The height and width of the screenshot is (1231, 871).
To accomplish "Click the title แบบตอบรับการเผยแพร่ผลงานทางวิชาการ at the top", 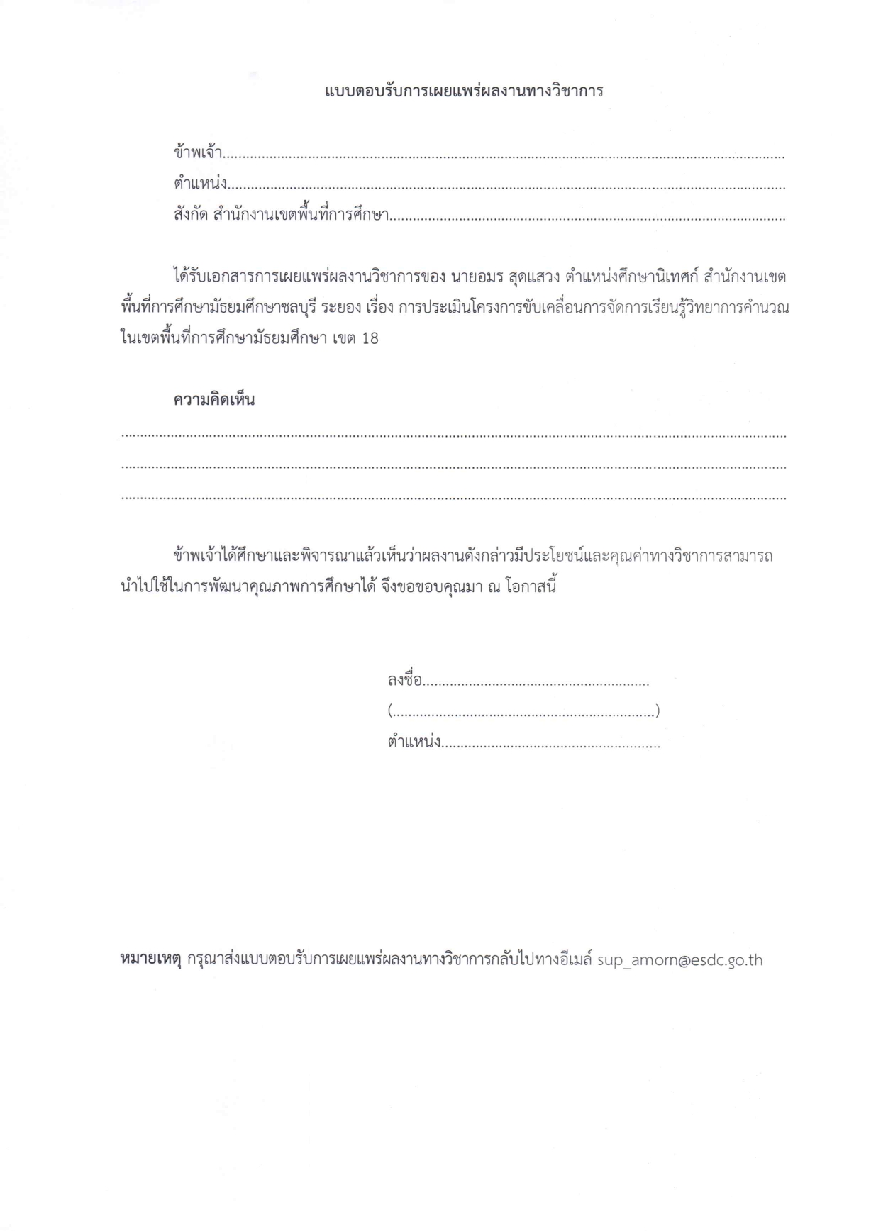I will (464, 91).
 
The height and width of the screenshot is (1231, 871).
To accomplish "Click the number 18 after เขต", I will (370, 338).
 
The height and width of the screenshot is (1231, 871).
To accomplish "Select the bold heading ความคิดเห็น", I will (213, 400).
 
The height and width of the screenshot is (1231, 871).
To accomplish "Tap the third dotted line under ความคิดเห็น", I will (454, 498).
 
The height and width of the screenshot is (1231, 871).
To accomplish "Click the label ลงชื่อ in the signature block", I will (405, 681).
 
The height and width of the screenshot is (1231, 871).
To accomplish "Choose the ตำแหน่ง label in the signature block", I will (414, 742).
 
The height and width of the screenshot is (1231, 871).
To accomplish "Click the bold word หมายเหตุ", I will (151, 961).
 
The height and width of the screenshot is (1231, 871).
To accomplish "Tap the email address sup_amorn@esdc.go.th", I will (679, 961).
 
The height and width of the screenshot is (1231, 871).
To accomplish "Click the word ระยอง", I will (342, 308).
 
